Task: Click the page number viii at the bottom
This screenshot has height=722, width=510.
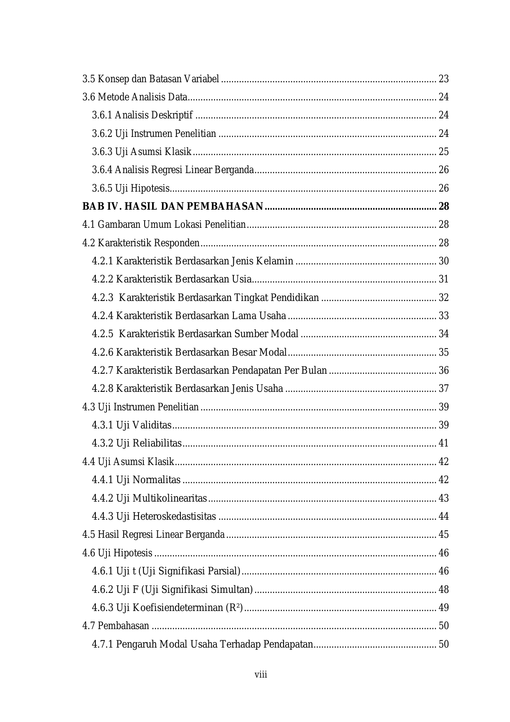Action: (x=261, y=674)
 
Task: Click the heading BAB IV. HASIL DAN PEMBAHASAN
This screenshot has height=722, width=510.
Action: (x=173, y=206)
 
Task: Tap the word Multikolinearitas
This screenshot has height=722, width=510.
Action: (x=170, y=498)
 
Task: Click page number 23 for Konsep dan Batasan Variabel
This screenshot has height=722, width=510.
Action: (x=443, y=79)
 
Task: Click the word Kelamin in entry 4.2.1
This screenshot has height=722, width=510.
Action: (x=275, y=261)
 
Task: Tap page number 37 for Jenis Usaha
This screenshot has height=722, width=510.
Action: (x=443, y=389)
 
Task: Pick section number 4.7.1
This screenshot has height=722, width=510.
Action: (x=102, y=644)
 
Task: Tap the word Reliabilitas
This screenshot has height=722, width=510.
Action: (x=157, y=443)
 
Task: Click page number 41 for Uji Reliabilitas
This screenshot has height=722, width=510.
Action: (x=443, y=443)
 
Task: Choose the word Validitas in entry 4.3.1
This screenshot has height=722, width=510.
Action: (x=152, y=425)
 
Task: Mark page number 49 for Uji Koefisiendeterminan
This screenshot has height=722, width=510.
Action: (x=443, y=607)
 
